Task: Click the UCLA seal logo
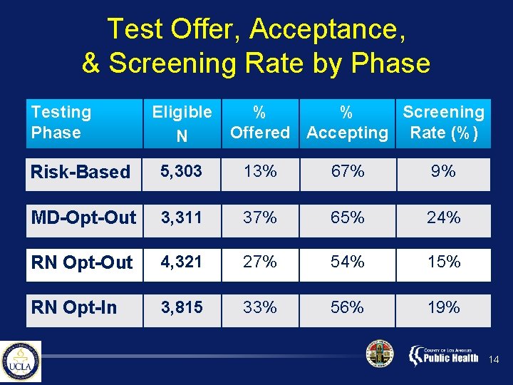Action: (21, 361)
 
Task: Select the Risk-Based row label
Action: (81, 172)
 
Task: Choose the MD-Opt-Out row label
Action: (83, 217)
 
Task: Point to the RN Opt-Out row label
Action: (81, 262)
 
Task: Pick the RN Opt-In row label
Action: (76, 307)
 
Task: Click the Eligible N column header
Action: (182, 123)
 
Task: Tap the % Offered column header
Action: (260, 122)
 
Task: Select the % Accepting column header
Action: (347, 122)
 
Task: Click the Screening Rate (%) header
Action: (443, 122)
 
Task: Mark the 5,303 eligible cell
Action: (181, 172)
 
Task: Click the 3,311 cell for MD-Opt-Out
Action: (181, 217)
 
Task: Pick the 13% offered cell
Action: (260, 172)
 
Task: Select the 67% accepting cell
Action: (347, 172)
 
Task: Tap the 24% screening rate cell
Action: (443, 217)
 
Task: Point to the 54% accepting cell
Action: (347, 262)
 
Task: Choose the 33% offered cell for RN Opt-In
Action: (260, 307)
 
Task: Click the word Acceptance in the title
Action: (328, 29)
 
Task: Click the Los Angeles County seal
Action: (379, 354)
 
